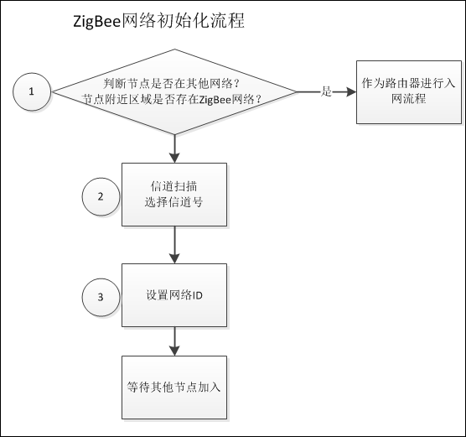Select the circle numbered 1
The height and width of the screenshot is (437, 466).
(32, 91)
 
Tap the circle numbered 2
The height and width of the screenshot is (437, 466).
(101, 196)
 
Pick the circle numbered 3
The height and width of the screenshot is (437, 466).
(101, 297)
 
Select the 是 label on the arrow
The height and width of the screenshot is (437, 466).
(327, 91)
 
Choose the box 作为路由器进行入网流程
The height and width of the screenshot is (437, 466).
(396, 91)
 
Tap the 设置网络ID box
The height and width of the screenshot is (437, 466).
(174, 296)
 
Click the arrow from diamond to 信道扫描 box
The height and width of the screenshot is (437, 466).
(175, 147)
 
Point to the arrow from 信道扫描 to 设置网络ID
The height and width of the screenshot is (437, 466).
(175, 244)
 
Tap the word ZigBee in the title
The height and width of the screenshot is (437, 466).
(101, 22)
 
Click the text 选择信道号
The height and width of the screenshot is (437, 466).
(174, 202)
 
